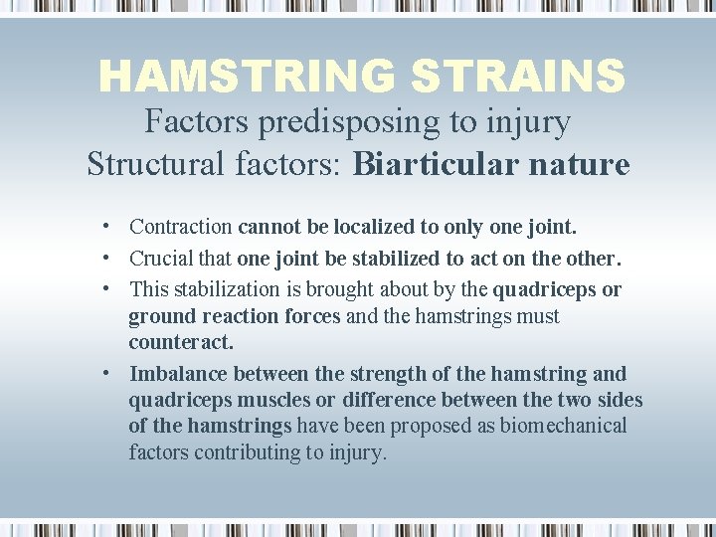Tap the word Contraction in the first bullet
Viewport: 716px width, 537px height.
(x=181, y=227)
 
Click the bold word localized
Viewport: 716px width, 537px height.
(x=378, y=227)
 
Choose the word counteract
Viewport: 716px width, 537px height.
(x=180, y=342)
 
